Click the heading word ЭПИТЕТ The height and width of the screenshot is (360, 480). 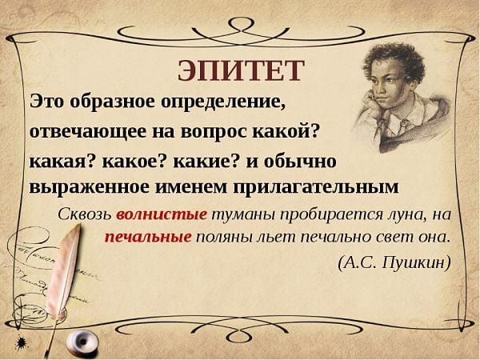point(242,70)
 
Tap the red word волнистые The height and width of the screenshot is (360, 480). point(162,214)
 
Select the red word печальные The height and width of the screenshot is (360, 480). point(148,238)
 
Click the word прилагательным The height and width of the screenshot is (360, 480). point(316,188)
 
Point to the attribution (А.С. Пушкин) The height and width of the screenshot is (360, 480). point(394,262)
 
